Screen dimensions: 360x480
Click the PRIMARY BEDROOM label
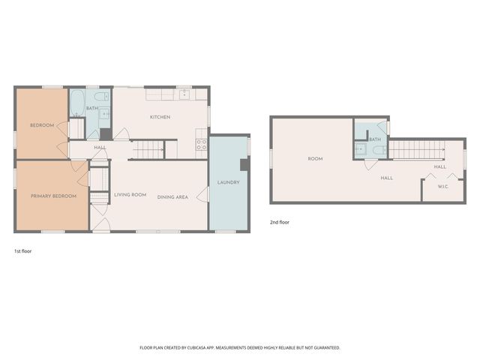53,196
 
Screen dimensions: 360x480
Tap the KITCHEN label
160,117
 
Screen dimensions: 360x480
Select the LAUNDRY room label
228,183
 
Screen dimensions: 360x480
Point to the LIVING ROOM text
130,195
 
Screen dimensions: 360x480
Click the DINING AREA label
172,196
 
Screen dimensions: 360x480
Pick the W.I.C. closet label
442,187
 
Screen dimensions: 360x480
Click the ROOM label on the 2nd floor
315,158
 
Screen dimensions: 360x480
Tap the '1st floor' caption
22,251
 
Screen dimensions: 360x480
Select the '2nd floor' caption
279,223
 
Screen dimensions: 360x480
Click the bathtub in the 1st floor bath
77,103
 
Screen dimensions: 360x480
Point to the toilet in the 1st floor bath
105,97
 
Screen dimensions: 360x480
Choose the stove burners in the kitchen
201,143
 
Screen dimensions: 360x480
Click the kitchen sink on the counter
184,95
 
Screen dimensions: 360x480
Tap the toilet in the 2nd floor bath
379,149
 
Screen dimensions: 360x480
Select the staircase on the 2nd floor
416,149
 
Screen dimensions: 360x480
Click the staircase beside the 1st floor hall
148,151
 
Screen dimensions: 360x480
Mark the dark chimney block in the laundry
244,165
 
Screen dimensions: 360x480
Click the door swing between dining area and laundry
202,194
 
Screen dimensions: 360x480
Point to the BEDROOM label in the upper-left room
42,125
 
